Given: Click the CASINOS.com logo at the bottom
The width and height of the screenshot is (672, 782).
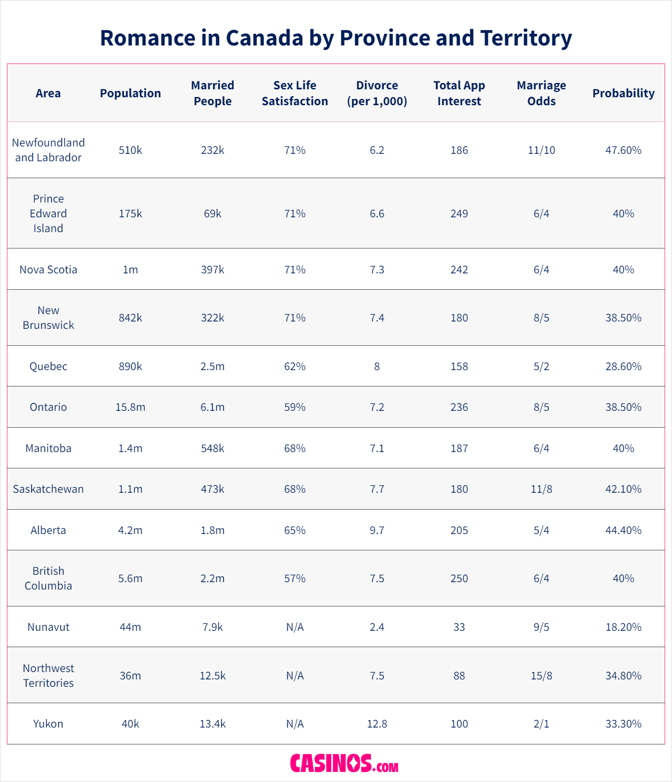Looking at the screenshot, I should [344, 763].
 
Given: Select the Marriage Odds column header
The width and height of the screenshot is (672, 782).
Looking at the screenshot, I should [541, 93].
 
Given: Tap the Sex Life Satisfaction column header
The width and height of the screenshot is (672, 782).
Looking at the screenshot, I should [295, 93].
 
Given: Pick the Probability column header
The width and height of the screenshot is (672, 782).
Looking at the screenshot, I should [623, 93].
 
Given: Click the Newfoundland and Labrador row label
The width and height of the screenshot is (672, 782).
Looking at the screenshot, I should [48, 150].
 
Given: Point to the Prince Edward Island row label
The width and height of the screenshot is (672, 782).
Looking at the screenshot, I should [48, 214].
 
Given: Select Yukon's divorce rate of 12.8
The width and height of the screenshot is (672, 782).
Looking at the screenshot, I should [377, 724].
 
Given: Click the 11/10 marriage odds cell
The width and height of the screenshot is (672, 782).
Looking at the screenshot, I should [541, 150].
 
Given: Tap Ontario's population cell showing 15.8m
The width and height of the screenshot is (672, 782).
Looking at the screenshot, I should [130, 407].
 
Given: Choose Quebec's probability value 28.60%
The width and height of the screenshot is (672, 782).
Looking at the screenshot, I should [623, 366].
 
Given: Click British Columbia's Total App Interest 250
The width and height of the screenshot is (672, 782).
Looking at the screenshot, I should [459, 578].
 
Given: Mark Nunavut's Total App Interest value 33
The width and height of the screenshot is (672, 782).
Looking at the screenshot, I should [459, 627].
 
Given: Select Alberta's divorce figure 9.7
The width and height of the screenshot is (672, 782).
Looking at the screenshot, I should [377, 530].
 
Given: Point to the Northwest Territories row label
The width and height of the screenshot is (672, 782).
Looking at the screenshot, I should [48, 676].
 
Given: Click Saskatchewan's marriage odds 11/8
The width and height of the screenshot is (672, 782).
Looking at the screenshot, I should [541, 489].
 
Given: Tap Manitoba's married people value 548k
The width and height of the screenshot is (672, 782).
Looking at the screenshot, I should [212, 448].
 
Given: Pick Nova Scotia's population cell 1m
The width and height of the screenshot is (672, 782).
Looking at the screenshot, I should [130, 270].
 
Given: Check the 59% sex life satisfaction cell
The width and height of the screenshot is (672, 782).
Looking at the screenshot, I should [295, 407].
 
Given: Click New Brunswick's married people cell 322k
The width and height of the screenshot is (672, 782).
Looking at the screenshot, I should [212, 318].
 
